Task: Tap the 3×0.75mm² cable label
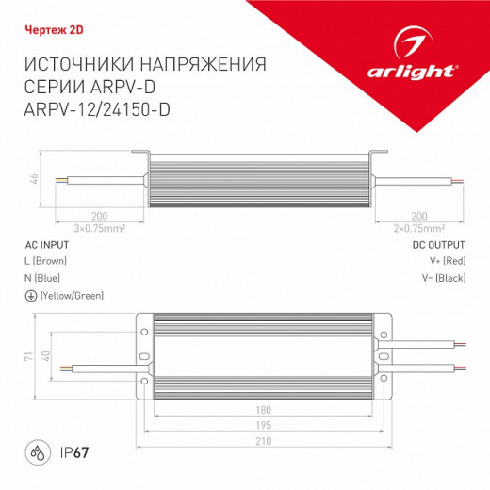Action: coord(100,227)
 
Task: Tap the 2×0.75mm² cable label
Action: coord(420,227)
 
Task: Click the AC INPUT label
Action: coord(44,243)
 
